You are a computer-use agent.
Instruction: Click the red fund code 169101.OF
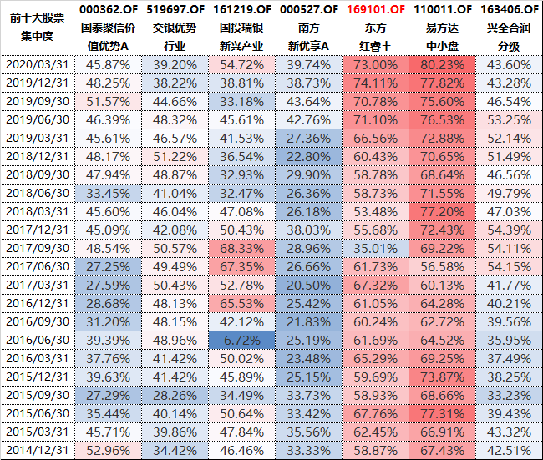pyautogui.click(x=375, y=9)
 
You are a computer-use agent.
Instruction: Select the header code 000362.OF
pyautogui.click(x=109, y=9)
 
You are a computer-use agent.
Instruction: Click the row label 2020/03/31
pyautogui.click(x=38, y=64)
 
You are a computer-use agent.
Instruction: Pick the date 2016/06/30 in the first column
pyautogui.click(x=38, y=340)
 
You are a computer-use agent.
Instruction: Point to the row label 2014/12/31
pyautogui.click(x=38, y=450)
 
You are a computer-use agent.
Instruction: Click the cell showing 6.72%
pyautogui.click(x=241, y=340)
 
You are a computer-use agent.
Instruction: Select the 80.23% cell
pyautogui.click(x=442, y=64)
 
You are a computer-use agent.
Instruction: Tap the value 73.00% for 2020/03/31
pyautogui.click(x=375, y=64)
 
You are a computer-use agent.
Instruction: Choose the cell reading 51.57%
pyautogui.click(x=109, y=101)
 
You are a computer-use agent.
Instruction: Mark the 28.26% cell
pyautogui.click(x=175, y=395)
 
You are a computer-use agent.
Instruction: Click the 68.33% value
pyautogui.click(x=241, y=248)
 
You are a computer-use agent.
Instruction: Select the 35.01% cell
pyautogui.click(x=375, y=248)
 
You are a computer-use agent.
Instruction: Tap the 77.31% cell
pyautogui.click(x=442, y=413)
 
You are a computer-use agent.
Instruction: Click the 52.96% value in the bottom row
pyautogui.click(x=109, y=450)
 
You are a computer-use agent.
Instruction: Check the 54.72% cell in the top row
pyautogui.click(x=241, y=64)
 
